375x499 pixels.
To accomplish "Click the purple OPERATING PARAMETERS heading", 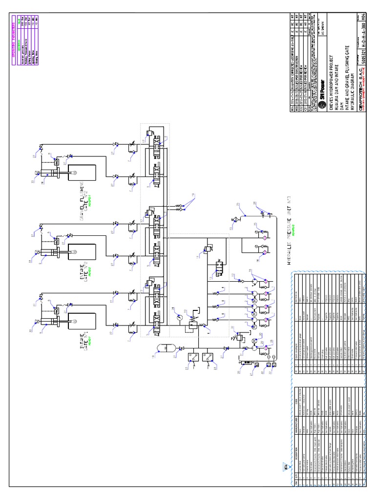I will pos(13,38).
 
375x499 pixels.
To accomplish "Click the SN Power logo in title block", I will pos(322,92).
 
